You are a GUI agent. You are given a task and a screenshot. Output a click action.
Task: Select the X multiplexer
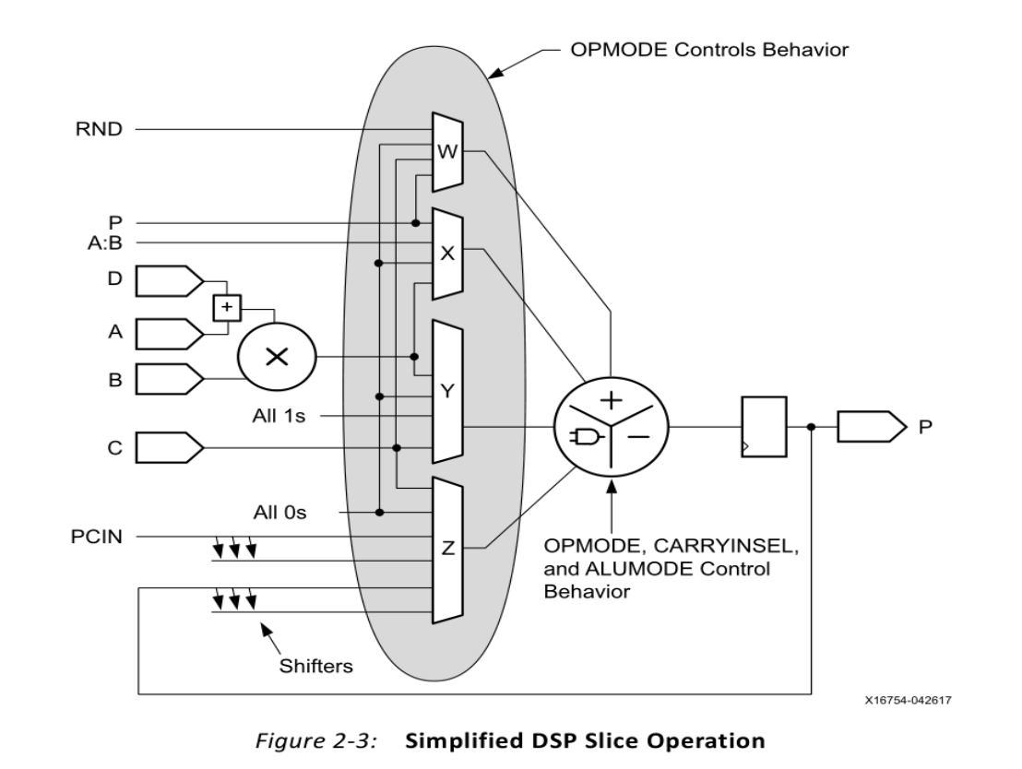(448, 254)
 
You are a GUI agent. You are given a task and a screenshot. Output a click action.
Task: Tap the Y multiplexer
(448, 391)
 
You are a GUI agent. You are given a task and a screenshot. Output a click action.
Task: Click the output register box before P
(763, 426)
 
